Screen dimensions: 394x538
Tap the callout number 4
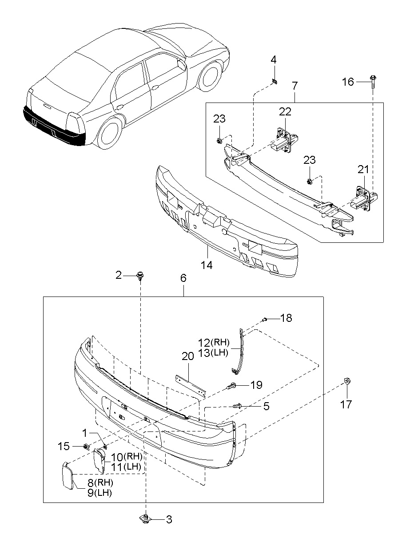tap(274, 59)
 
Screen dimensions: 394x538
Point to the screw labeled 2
tap(139, 275)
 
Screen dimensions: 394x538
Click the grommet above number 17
tap(346, 381)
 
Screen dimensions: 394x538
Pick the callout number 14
tap(207, 265)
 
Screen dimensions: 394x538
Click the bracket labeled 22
tap(285, 140)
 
